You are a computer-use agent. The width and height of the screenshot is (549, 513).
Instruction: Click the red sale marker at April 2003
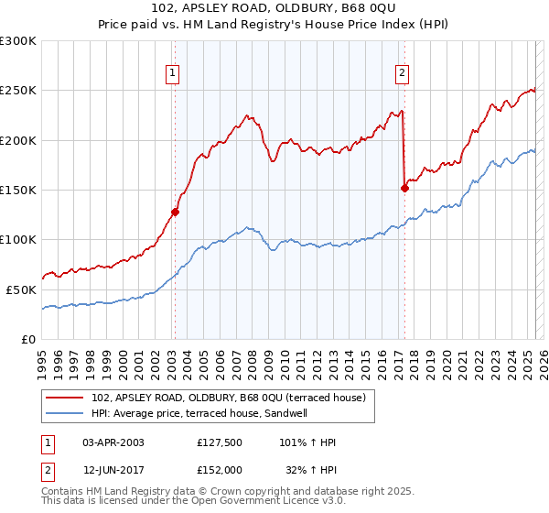[175, 212]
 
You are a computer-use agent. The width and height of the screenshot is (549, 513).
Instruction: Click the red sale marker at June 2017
[404, 188]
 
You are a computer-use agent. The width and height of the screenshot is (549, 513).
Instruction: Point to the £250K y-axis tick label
[18, 91]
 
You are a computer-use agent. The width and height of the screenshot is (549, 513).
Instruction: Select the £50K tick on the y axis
[22, 289]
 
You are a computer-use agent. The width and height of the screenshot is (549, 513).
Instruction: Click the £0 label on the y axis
[29, 339]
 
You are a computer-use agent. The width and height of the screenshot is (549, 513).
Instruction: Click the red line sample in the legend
[66, 398]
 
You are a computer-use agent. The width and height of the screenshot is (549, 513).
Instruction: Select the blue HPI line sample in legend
[66, 413]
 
